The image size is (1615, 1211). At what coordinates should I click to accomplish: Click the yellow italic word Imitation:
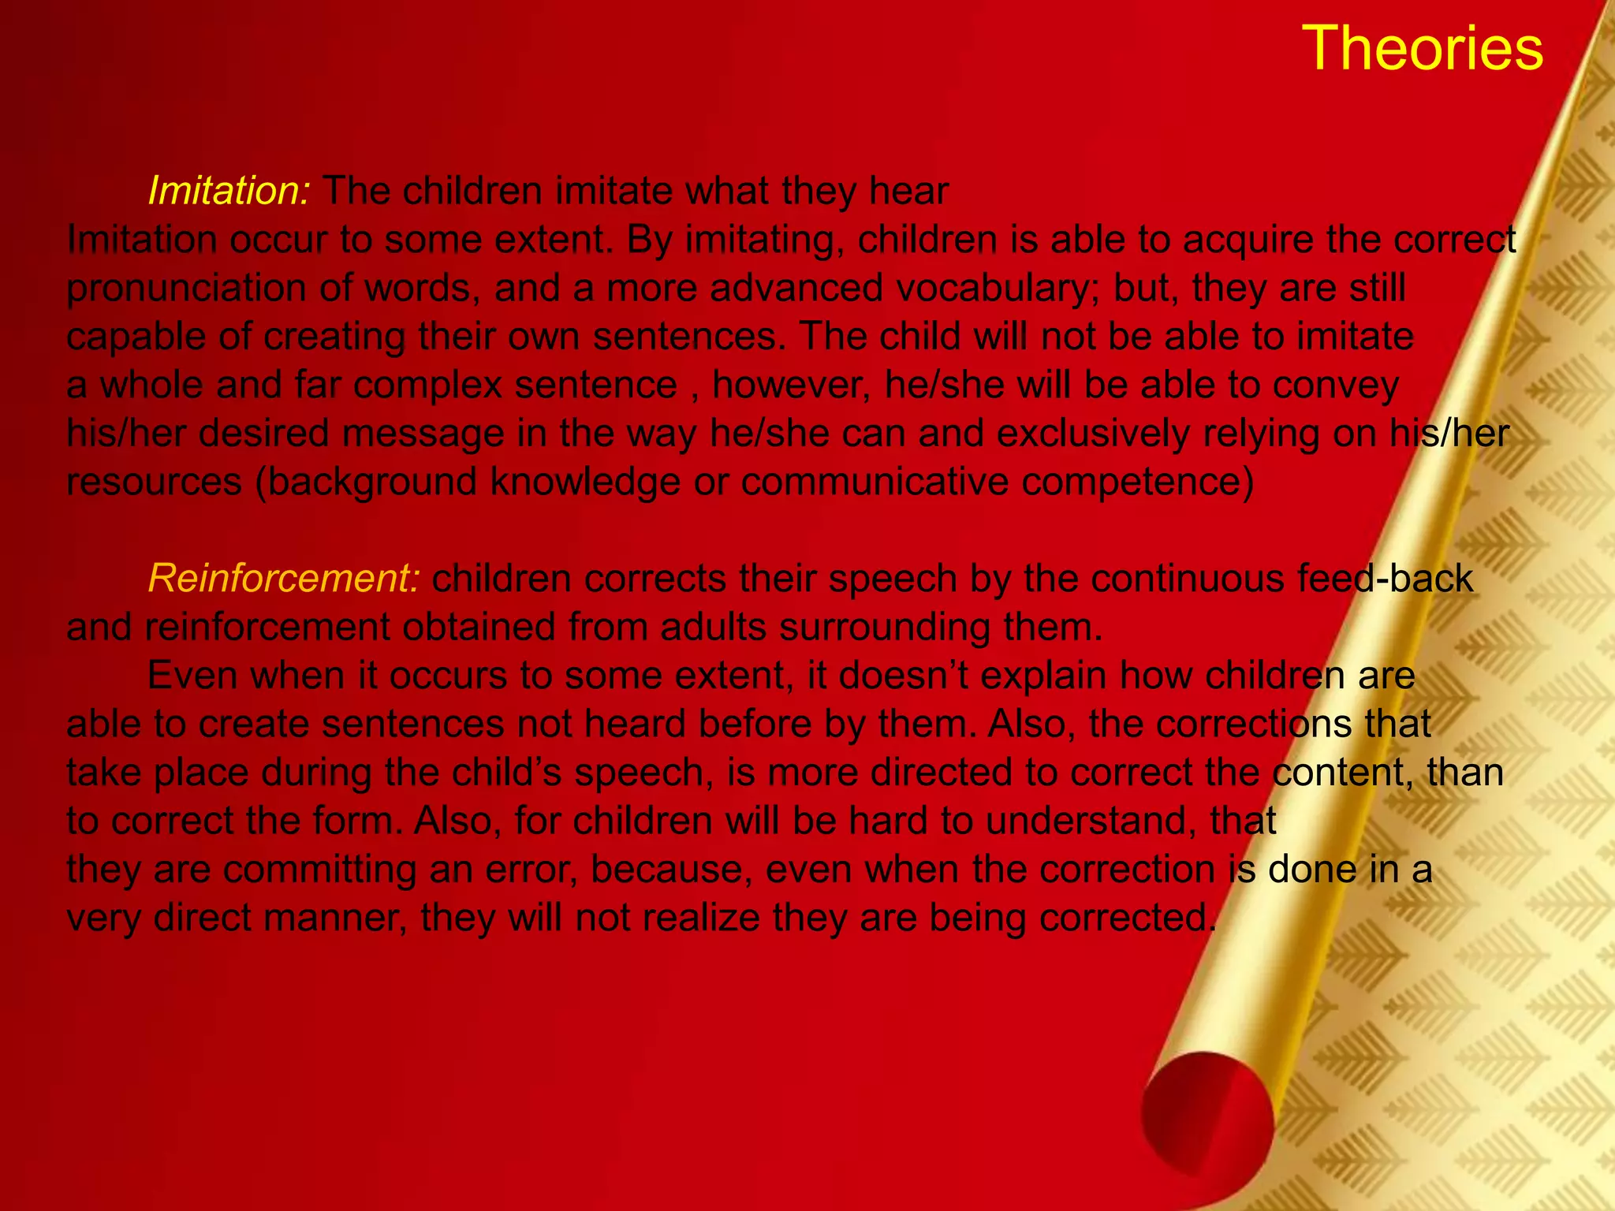(230, 191)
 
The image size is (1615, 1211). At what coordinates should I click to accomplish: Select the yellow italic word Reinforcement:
(284, 579)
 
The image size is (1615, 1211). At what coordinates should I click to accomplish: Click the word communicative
(875, 483)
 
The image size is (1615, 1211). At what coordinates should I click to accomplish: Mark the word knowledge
(584, 483)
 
